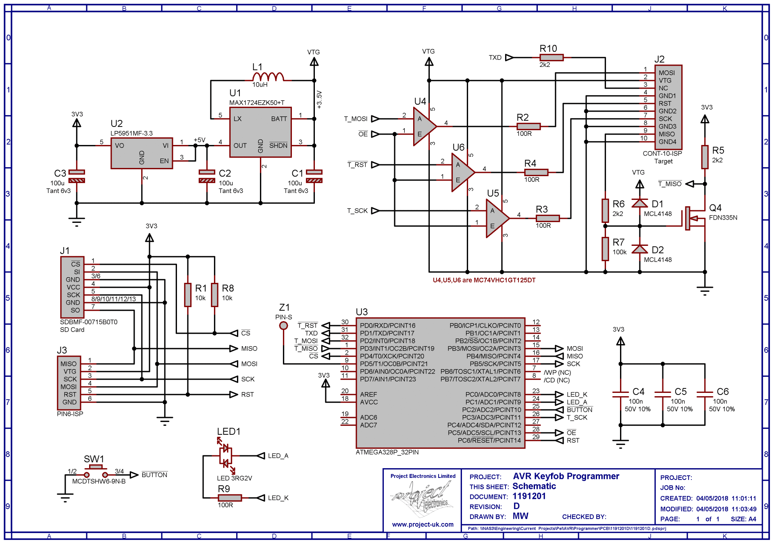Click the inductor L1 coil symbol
(268, 77)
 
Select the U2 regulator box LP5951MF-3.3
(141, 153)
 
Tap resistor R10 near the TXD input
(551, 58)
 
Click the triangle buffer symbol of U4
(423, 127)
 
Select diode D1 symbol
(639, 203)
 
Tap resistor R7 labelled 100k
(605, 249)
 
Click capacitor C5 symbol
(663, 394)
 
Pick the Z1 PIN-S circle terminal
(283, 326)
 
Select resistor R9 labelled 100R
(230, 498)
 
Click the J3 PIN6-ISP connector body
(69, 383)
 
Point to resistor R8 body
(214, 295)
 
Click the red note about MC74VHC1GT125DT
(484, 280)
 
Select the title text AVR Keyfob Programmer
(566, 476)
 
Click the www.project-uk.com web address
(422, 524)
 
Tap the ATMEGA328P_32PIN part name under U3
(387, 452)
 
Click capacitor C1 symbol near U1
(314, 176)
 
